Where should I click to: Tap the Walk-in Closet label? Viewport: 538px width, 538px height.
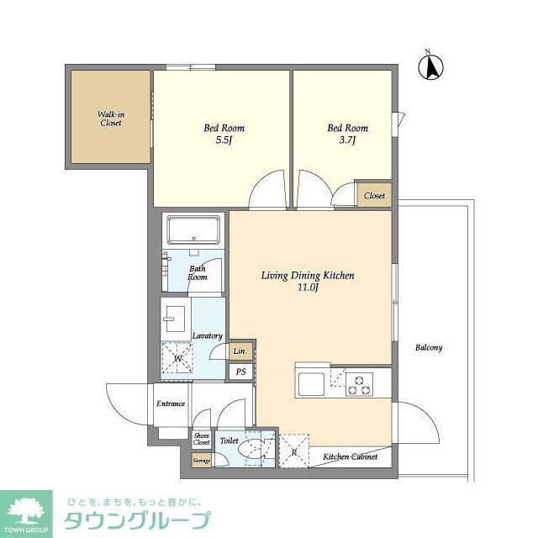[x=110, y=118]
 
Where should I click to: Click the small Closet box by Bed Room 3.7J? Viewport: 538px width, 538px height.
[x=374, y=196]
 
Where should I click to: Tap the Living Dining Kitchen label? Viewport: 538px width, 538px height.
[x=307, y=276]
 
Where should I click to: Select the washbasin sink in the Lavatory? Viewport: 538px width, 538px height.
[x=177, y=318]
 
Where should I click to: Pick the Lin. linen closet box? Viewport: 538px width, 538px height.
[x=240, y=351]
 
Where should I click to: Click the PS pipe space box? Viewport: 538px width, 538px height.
[x=240, y=372]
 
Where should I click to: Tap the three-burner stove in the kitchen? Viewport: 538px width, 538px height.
[x=361, y=383]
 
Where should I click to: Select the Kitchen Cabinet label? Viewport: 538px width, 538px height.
[x=351, y=457]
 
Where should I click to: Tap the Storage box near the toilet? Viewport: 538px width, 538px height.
[x=202, y=460]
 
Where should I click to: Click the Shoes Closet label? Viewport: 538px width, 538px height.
[x=202, y=439]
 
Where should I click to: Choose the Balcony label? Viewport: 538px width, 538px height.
[x=428, y=347]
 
